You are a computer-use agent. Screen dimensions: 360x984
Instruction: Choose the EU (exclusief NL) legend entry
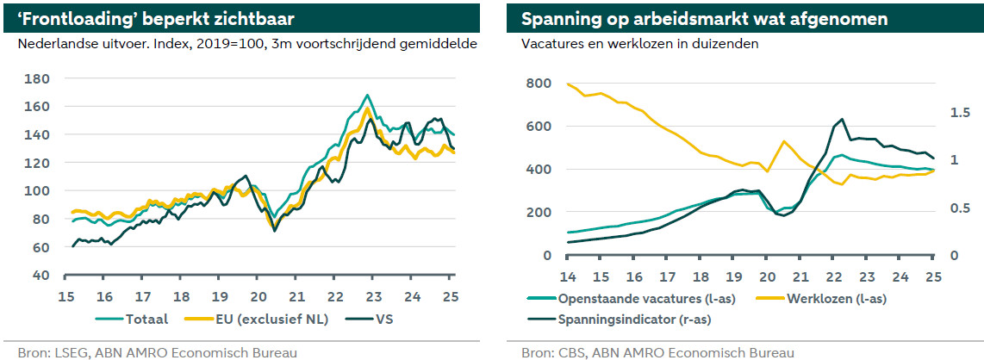click(x=268, y=320)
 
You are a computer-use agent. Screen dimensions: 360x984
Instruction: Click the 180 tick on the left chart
click(x=39, y=78)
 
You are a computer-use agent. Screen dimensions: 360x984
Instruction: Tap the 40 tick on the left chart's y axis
click(x=42, y=275)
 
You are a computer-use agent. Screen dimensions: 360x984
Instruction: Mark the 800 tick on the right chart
click(x=539, y=83)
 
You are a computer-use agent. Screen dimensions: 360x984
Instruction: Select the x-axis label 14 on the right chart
click(x=568, y=276)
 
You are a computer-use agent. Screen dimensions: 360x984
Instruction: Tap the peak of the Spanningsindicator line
click(x=841, y=120)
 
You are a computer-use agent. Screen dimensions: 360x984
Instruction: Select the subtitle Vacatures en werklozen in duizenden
click(x=640, y=44)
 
